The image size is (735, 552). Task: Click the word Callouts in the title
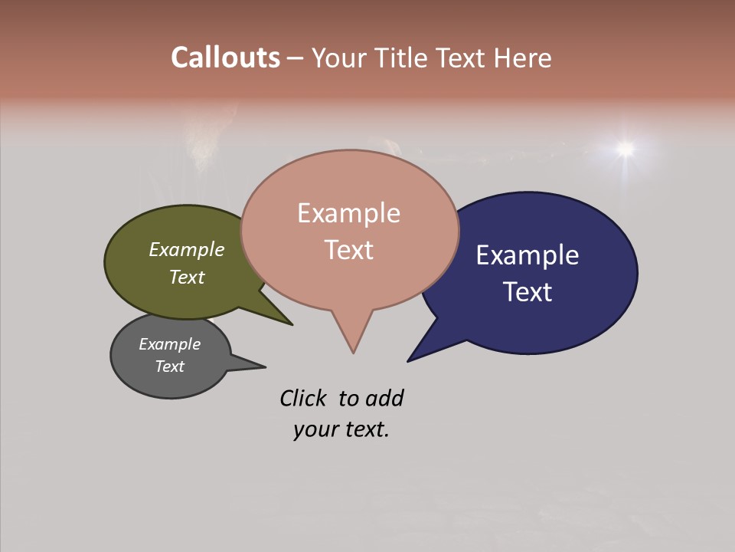(225, 58)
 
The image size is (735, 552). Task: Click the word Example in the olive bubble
(186, 249)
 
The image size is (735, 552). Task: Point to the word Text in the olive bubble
(186, 277)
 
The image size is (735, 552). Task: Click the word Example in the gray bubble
(169, 344)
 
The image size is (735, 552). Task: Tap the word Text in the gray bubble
(169, 366)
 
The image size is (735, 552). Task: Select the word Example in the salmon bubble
(348, 213)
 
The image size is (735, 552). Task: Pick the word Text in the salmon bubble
(348, 249)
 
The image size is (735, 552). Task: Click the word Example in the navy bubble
(528, 255)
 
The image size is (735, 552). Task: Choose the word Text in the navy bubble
(528, 291)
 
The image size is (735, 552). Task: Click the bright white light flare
(626, 148)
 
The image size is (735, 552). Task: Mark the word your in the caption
(312, 429)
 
